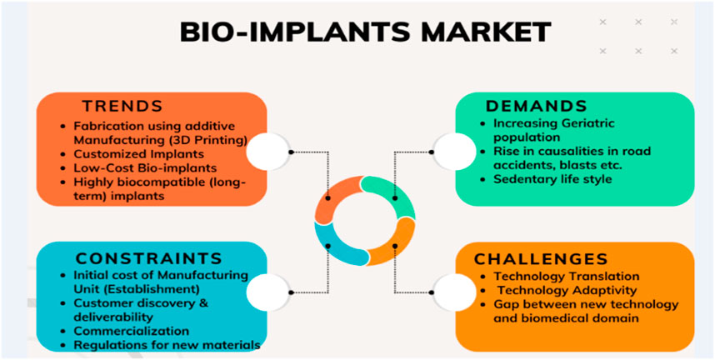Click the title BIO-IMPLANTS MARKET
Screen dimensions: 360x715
pyautogui.click(x=365, y=32)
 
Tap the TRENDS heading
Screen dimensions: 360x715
pyautogui.click(x=122, y=107)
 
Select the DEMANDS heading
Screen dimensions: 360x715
pyautogui.click(x=536, y=107)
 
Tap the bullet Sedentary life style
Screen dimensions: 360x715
pyautogui.click(x=551, y=178)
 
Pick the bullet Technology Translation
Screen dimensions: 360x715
pyautogui.click(x=567, y=276)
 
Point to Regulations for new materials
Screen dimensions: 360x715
pyautogui.click(x=167, y=345)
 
